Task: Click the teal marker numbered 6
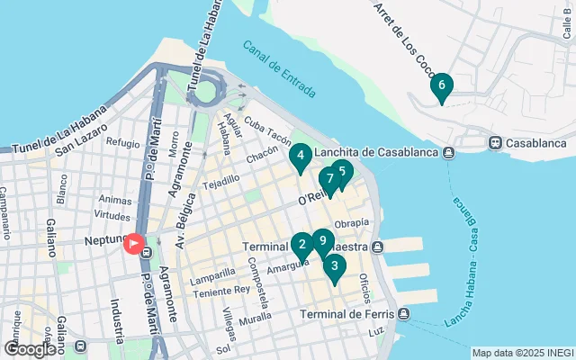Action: click(441, 87)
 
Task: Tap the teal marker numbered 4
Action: click(301, 155)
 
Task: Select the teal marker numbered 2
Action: click(302, 244)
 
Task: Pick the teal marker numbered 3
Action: click(335, 266)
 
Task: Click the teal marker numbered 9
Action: click(323, 240)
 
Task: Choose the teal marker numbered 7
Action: click(330, 179)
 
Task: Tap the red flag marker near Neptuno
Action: click(135, 244)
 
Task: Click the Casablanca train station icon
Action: click(494, 143)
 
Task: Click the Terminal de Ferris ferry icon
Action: click(404, 314)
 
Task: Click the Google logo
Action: click(30, 348)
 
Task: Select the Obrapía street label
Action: click(351, 222)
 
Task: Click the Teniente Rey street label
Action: click(223, 290)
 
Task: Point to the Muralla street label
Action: click(255, 318)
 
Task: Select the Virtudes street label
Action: click(113, 216)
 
